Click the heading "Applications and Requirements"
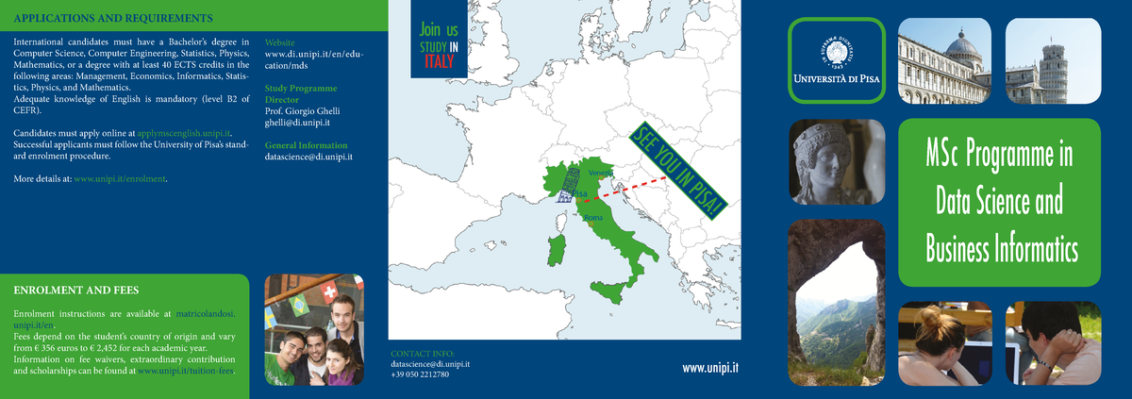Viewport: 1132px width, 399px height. [x=112, y=18]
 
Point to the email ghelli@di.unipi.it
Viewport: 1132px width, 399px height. [x=297, y=123]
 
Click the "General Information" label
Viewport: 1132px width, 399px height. [x=306, y=145]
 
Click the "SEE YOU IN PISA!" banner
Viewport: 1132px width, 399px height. [x=678, y=172]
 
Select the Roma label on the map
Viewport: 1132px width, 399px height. [x=593, y=218]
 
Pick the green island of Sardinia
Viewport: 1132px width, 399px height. [x=558, y=250]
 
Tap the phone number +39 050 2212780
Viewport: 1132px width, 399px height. [x=420, y=374]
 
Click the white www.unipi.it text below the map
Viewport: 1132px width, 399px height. [x=710, y=368]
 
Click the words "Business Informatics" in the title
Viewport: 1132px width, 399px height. [x=1001, y=250]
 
